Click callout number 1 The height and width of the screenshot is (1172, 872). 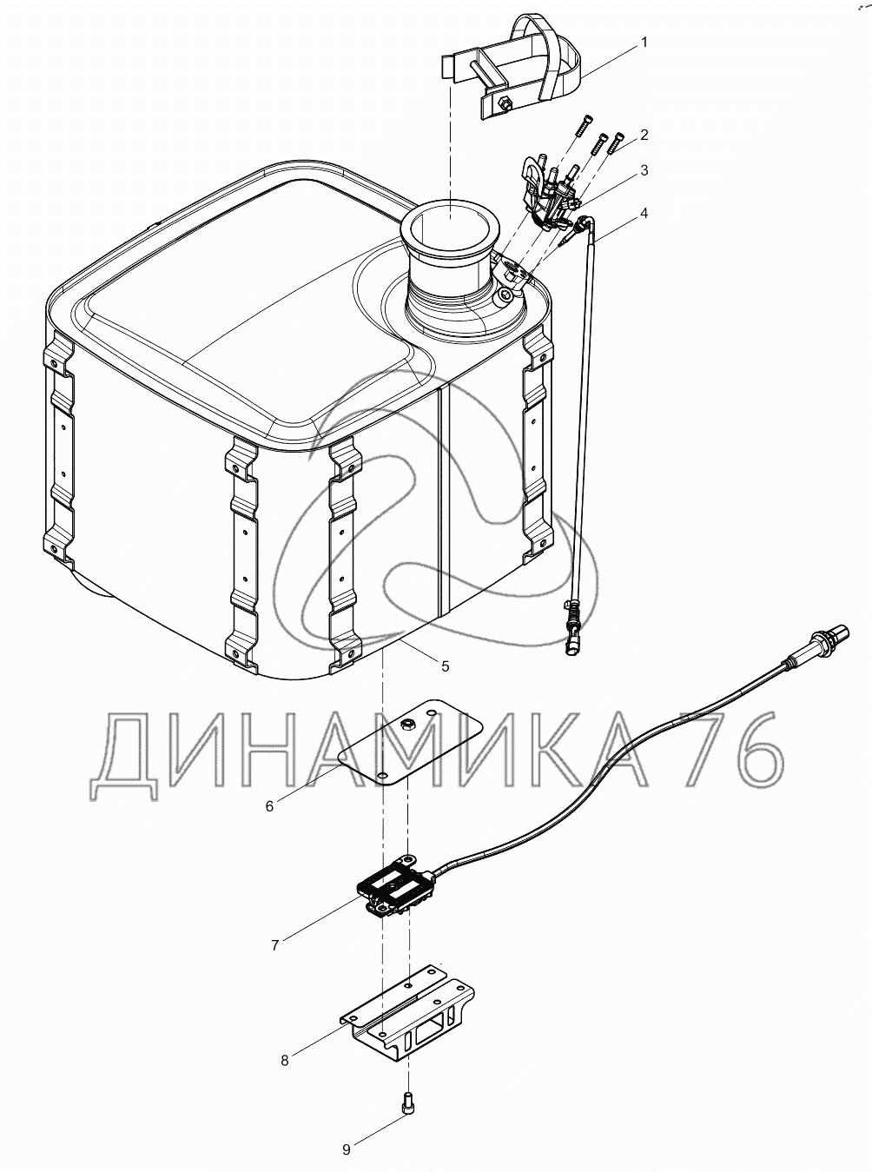[x=644, y=43]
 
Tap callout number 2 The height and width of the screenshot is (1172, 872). [x=644, y=136]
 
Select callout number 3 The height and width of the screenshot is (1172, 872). [x=644, y=170]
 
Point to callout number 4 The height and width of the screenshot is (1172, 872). [x=644, y=214]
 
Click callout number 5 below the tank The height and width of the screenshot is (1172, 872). [x=445, y=666]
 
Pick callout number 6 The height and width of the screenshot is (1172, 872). [x=270, y=806]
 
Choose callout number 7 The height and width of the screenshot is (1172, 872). [x=274, y=945]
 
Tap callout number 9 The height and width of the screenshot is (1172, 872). [x=347, y=1146]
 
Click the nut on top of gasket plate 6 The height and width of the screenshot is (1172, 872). [x=407, y=724]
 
